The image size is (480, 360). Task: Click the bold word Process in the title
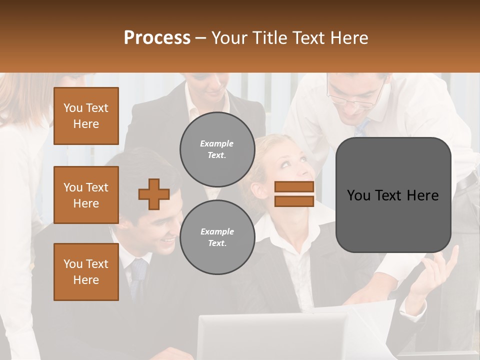click(157, 37)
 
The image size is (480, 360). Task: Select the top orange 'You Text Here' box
click(86, 116)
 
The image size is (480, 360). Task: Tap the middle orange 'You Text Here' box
click(86, 195)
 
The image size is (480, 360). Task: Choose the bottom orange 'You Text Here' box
click(86, 272)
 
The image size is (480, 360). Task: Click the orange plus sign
click(154, 194)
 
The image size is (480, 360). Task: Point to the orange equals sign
click(294, 194)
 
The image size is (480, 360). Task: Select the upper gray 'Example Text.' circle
click(217, 149)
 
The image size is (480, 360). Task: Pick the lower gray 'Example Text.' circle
click(217, 237)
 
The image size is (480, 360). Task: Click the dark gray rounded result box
click(393, 195)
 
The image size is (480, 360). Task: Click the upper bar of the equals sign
click(294, 187)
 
